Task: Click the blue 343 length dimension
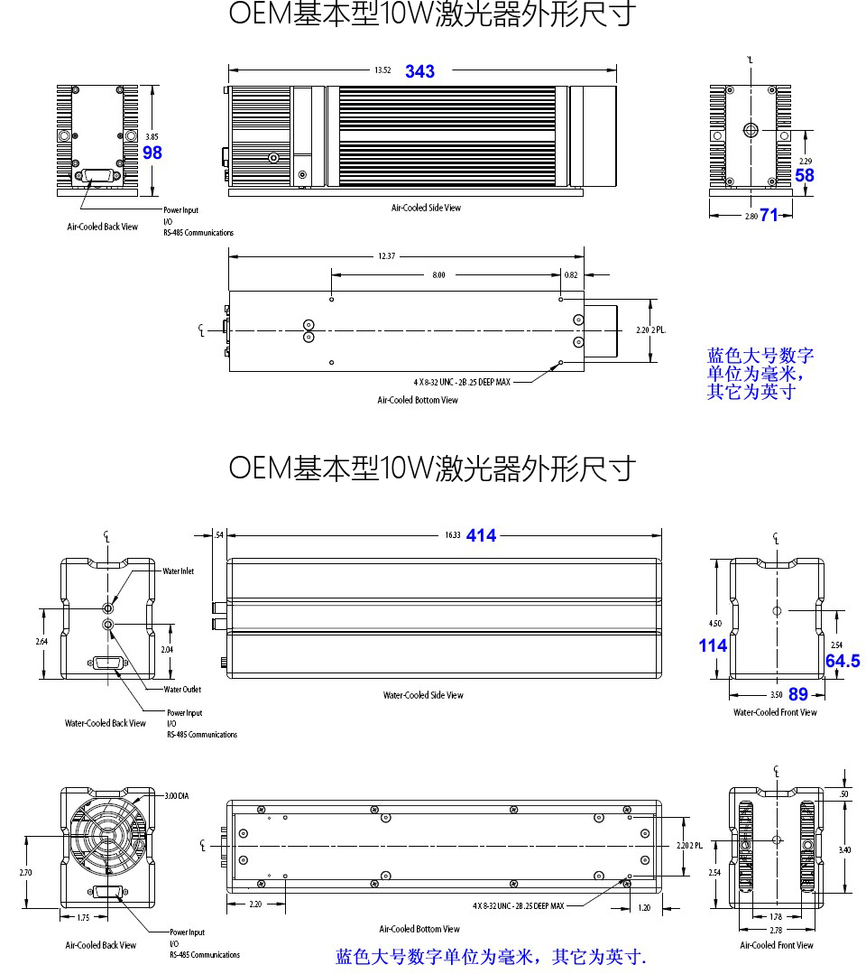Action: click(x=419, y=71)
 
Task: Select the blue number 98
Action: click(x=152, y=153)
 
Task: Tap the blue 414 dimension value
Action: click(x=481, y=535)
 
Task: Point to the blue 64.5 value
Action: click(x=843, y=662)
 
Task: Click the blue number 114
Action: click(x=713, y=645)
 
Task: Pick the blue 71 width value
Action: click(x=769, y=215)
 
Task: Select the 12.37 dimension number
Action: click(x=386, y=256)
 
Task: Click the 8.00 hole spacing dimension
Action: click(x=438, y=274)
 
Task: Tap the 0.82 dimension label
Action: click(x=571, y=274)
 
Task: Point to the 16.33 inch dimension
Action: click(x=452, y=535)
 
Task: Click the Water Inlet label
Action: click(x=178, y=571)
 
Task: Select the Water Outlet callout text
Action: click(x=182, y=690)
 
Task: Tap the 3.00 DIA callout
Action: click(x=177, y=796)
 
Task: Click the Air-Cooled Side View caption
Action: click(x=426, y=208)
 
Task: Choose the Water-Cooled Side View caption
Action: click(x=423, y=695)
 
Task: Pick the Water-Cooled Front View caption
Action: click(x=775, y=712)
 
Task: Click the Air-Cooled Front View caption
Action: click(x=776, y=945)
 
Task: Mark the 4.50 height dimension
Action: click(x=714, y=624)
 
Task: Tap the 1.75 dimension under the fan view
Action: click(x=83, y=917)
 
